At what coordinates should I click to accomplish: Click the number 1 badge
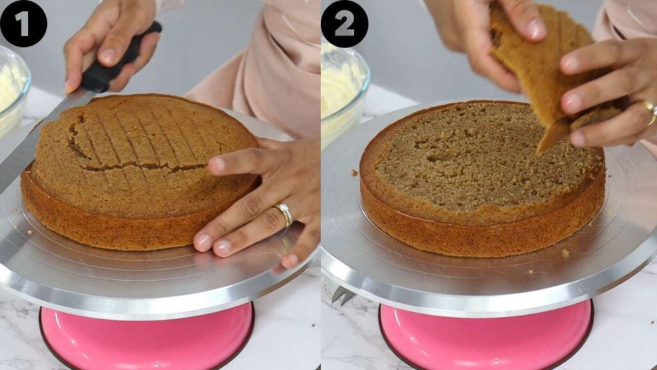tap(23, 24)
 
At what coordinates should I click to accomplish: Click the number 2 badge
tap(345, 24)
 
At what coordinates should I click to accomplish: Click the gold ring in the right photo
tap(651, 112)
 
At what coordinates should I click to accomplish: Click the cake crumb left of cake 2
tap(354, 172)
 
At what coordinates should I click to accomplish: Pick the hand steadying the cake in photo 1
tap(263, 199)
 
